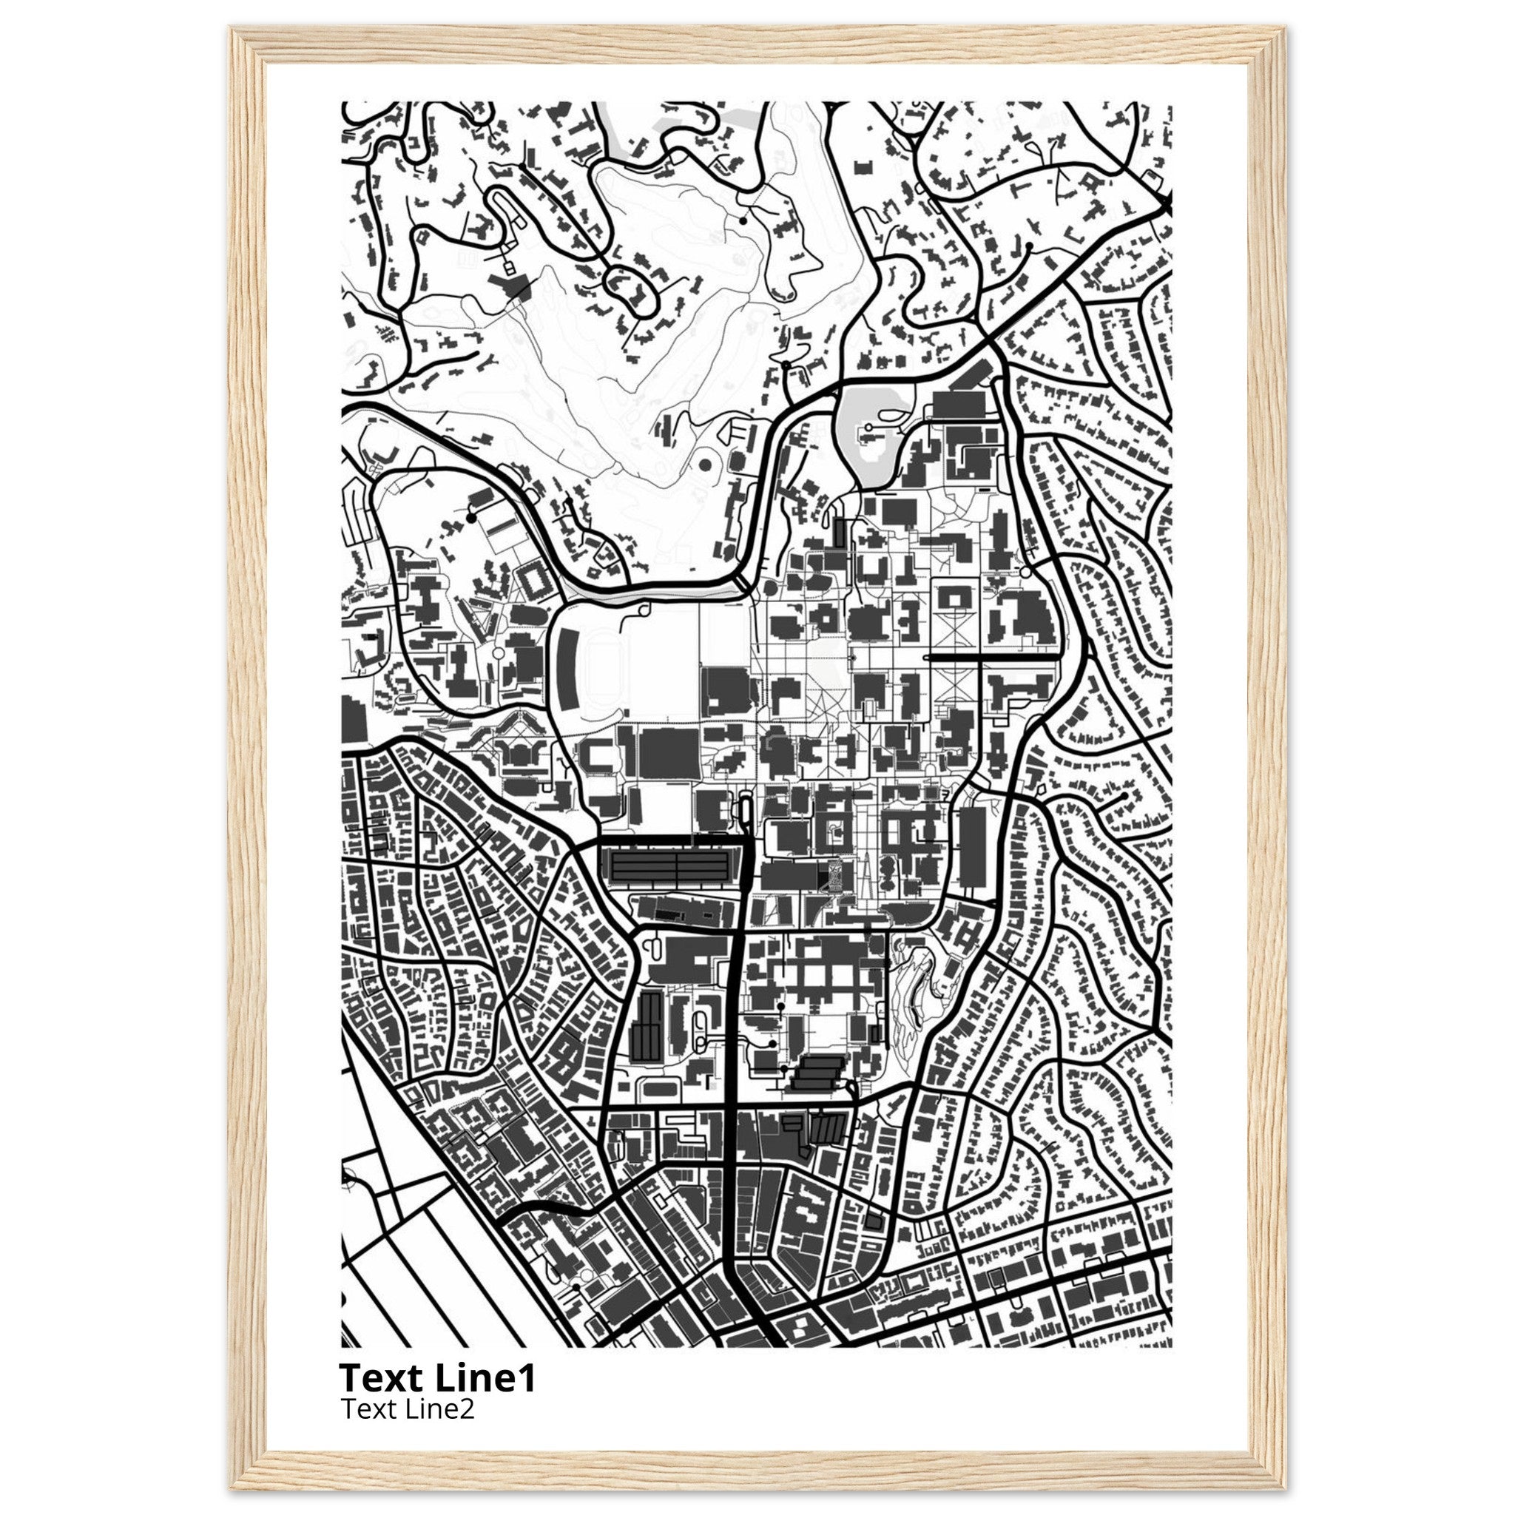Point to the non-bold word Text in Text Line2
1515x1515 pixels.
pyautogui.click(x=369, y=1409)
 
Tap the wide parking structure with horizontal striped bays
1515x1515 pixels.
pyautogui.click(x=671, y=867)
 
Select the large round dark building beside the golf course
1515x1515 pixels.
pyautogui.click(x=705, y=465)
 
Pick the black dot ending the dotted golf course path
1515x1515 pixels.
pyautogui.click(x=743, y=221)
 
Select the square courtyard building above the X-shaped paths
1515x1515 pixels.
pyautogui.click(x=954, y=598)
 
